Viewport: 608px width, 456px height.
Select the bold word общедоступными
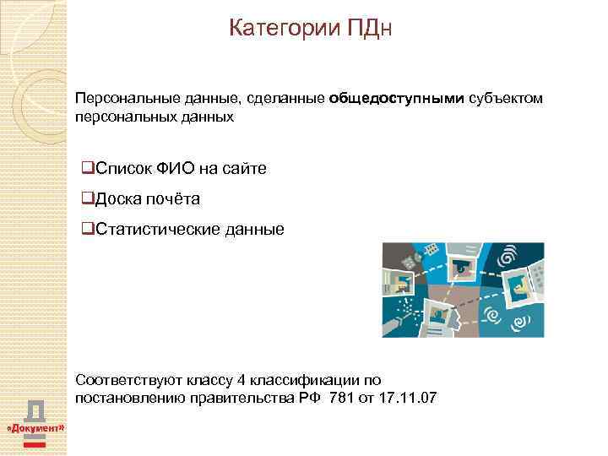[397, 100]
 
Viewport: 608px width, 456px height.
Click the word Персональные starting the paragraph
[117, 100]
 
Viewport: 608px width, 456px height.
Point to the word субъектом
[506, 100]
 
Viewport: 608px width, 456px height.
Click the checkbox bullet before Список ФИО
[88, 169]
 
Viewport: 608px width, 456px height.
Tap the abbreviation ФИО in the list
[176, 169]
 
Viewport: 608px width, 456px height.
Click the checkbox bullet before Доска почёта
[88, 199]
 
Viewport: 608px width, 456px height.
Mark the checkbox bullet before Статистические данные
[88, 229]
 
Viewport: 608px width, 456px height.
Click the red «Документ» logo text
[35, 429]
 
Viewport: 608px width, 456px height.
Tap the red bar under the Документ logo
[35, 442]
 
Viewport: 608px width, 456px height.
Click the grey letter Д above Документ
[35, 410]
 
